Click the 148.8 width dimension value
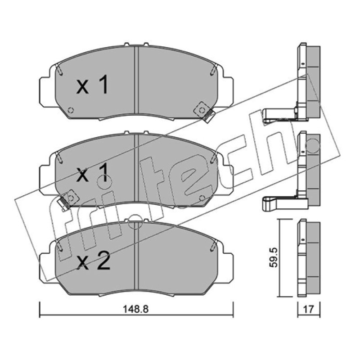pyautogui.click(x=136, y=309)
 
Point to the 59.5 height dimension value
pyautogui.click(x=274, y=257)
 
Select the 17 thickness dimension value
pyautogui.click(x=308, y=309)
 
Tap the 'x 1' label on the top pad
pyautogui.click(x=92, y=85)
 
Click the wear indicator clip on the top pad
pyautogui.click(x=204, y=112)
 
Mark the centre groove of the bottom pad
pyautogui.click(x=136, y=256)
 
